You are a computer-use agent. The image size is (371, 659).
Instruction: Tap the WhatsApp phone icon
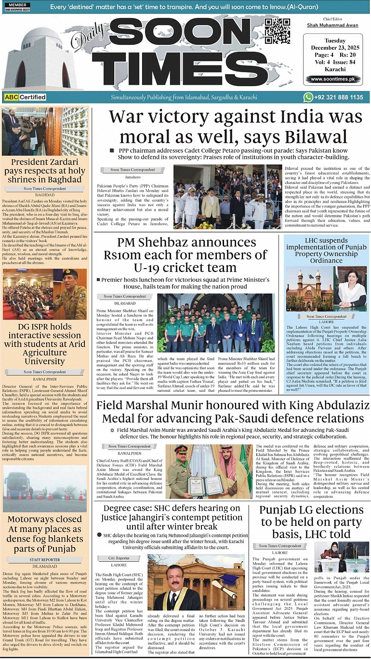click(308, 97)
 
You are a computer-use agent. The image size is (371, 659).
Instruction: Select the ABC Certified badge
click(25, 97)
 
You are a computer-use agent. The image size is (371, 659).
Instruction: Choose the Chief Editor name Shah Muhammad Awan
click(332, 26)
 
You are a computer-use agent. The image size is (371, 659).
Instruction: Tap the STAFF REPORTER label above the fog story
click(45, 560)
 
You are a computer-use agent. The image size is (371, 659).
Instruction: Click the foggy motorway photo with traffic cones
click(45, 491)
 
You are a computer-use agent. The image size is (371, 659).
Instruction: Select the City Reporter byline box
click(119, 558)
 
